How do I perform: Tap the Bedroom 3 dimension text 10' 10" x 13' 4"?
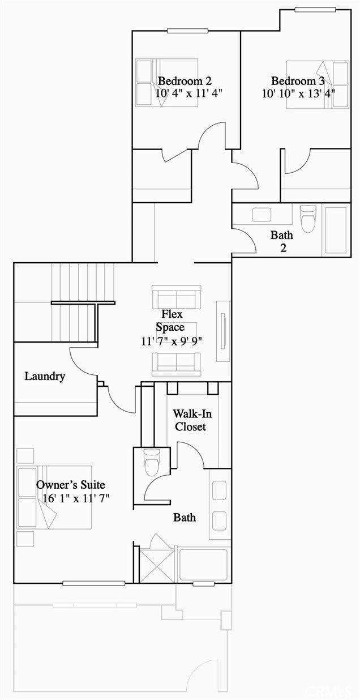coord(298,93)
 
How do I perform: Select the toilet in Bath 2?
coord(307,218)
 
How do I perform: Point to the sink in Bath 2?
coord(262,215)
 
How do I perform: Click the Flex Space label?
coord(172,321)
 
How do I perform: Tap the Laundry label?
coord(45,376)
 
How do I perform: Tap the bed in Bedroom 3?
coord(317,84)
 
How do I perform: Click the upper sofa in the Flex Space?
coord(177,297)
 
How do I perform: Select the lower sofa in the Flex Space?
coord(177,363)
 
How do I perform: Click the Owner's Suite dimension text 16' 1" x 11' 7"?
coord(75,498)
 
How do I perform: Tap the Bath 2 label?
coord(281,241)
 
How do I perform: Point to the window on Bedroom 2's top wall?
coord(183,31)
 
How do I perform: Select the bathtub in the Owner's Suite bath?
coord(203,564)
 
